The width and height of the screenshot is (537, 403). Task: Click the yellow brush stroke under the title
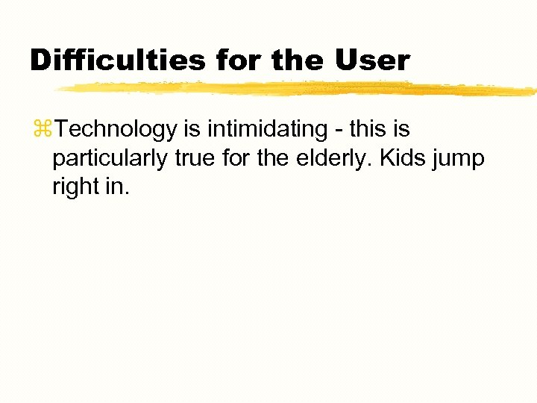coord(298,89)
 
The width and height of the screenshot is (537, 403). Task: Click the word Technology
coord(116,130)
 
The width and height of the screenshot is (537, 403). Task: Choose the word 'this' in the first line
coord(368,130)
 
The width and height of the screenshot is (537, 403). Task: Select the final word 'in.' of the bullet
coord(118,186)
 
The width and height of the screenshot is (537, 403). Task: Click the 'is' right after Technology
coord(192,130)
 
